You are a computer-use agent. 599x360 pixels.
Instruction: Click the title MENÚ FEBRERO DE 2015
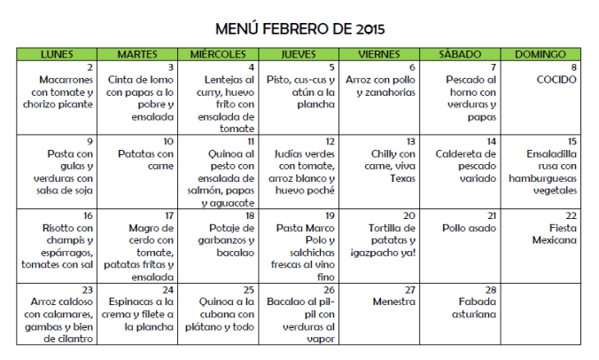300,28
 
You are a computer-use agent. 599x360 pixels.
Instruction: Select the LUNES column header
57,55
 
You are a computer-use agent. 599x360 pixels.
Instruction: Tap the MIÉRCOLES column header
218,55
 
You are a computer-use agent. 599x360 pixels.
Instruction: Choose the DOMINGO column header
541,55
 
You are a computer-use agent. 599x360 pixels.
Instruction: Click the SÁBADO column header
460,55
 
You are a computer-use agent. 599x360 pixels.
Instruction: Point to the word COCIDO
556,79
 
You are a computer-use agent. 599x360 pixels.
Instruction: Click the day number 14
490,141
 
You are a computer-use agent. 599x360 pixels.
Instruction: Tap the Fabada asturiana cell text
467,308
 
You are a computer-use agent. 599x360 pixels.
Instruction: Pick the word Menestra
394,301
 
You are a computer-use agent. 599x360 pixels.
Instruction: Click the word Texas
402,177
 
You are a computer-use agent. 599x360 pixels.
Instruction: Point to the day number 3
171,67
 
